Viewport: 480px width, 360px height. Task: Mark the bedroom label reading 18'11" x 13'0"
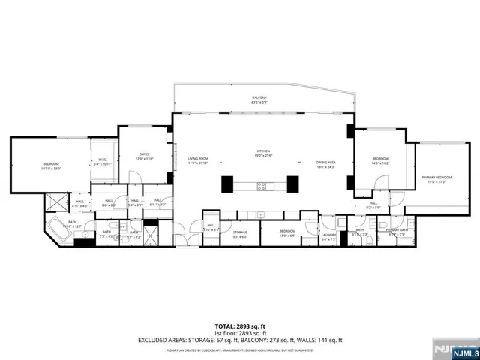tap(51, 166)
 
